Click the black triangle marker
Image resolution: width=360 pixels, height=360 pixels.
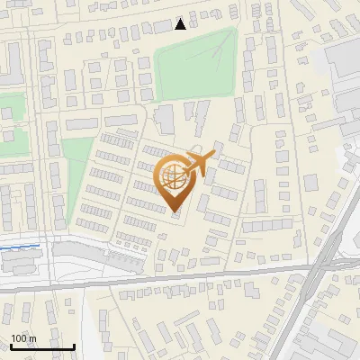pos(181,23)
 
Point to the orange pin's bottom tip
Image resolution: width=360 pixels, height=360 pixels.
pos(175,212)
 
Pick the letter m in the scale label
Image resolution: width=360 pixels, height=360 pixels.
pos(32,339)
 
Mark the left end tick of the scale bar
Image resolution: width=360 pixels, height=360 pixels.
pos(11,346)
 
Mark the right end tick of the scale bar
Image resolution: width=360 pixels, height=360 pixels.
pos(74,346)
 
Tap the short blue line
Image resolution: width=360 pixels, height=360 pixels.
pos(20,246)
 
